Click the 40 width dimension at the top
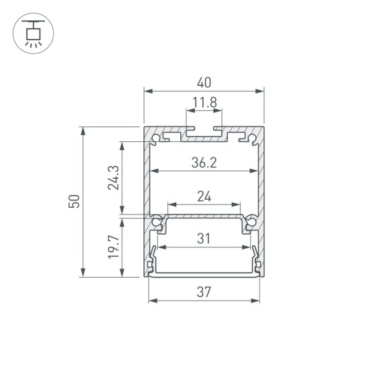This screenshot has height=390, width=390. tap(204, 83)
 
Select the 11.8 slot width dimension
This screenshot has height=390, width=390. tap(204, 103)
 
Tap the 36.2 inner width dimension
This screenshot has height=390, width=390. tap(204, 162)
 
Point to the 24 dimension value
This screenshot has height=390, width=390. tap(204, 196)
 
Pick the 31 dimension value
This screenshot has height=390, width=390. tap(204, 237)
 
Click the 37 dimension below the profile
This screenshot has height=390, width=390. tap(204, 292)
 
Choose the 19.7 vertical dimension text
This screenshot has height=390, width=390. tap(114, 247)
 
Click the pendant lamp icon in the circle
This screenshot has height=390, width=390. tap(32, 32)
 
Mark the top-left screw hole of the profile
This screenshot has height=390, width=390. tap(157, 139)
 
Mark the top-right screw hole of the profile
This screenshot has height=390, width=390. tap(251, 139)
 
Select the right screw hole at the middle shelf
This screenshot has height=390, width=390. tap(251, 221)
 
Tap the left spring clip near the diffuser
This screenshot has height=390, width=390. tap(153, 259)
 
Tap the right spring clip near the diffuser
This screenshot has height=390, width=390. tap(255, 259)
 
